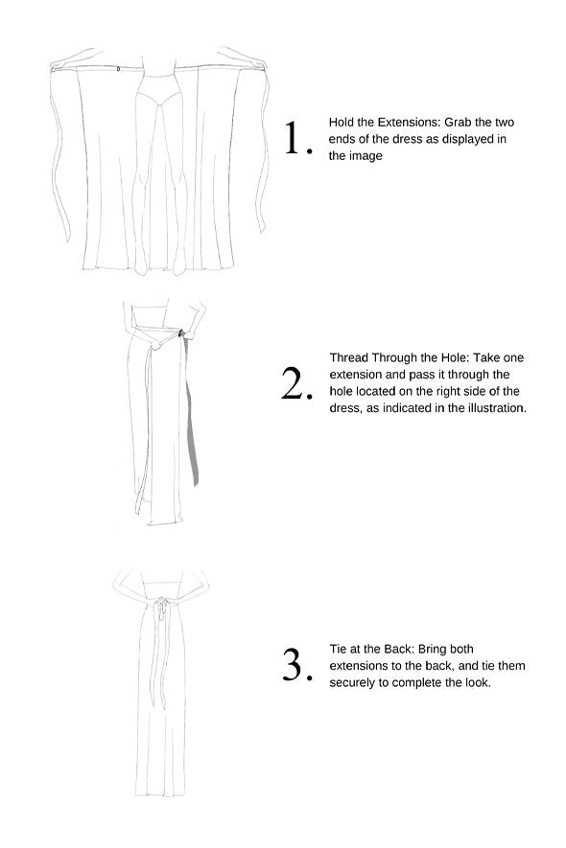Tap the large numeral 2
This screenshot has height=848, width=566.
[295, 383]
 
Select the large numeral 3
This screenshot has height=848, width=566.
[295, 664]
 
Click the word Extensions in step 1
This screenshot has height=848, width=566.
[405, 123]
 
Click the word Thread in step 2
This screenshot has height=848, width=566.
[349, 357]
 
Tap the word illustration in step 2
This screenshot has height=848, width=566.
[495, 408]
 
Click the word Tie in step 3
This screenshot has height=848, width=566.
[339, 649]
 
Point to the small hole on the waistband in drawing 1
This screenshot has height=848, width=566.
[119, 69]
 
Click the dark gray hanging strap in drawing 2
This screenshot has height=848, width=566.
[191, 411]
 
